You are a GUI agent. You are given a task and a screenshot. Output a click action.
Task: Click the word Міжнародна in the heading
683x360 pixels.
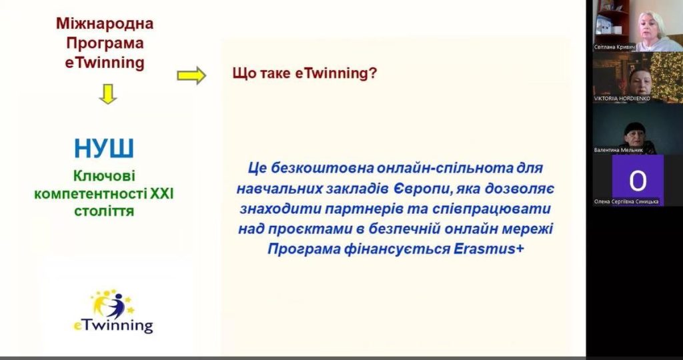[105, 23]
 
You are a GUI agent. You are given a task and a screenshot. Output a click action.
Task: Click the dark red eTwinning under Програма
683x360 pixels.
[105, 63]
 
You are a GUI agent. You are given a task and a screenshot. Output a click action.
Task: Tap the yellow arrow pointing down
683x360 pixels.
[107, 93]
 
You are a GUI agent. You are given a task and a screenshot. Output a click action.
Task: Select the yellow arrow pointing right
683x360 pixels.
[191, 75]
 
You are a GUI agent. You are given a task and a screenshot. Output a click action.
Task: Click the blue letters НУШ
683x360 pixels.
[104, 149]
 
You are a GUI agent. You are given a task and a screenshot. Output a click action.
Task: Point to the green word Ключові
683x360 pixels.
[104, 175]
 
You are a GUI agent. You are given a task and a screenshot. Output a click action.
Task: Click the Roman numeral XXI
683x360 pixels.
[161, 194]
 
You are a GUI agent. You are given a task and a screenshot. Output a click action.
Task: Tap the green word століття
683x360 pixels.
[104, 211]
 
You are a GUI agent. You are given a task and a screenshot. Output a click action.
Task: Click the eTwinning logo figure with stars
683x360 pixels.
[112, 304]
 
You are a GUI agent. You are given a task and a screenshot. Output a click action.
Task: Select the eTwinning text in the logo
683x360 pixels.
[113, 325]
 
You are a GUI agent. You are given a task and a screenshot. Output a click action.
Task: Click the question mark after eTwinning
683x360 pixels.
[373, 73]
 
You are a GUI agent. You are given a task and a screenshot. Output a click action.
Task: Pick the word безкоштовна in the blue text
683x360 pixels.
[317, 168]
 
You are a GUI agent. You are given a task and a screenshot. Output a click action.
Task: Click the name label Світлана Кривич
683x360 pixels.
[614, 47]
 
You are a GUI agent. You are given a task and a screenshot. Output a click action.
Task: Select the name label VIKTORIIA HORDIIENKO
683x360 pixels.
[622, 99]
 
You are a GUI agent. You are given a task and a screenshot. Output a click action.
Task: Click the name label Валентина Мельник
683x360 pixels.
[618, 150]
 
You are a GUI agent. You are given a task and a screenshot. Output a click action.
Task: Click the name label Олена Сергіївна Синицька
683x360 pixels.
[626, 201]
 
